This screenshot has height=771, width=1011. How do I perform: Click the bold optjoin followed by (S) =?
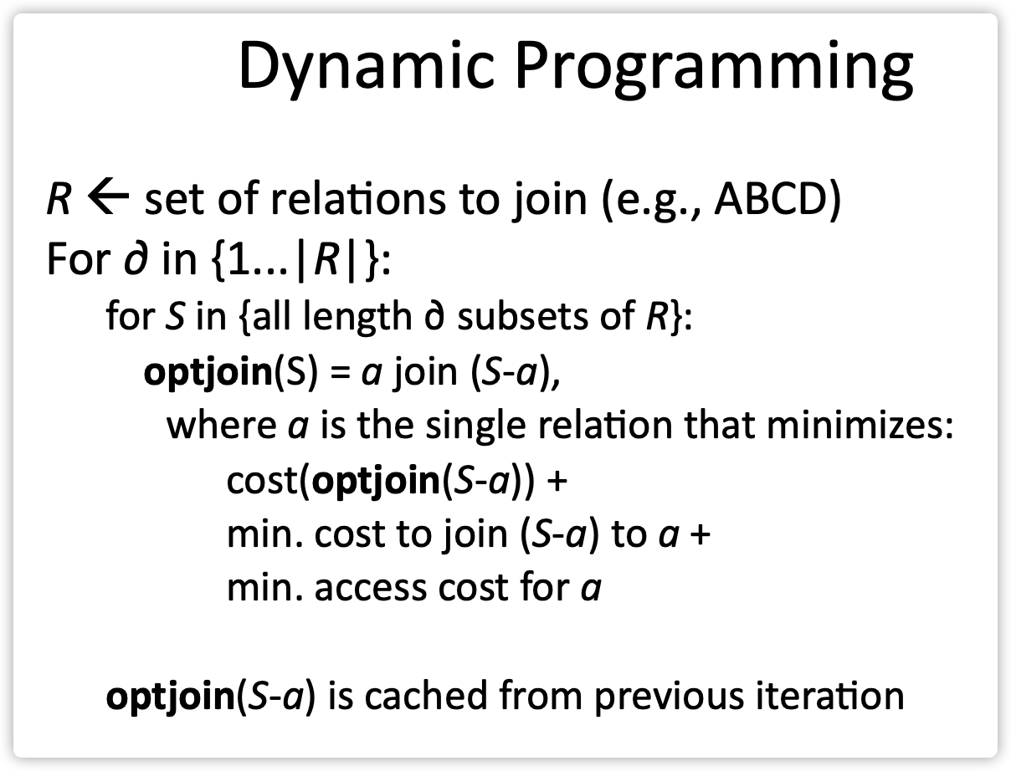pyautogui.click(x=205, y=370)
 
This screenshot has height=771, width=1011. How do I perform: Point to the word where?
pyautogui.click(x=216, y=426)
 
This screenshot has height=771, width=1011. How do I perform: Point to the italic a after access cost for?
pyautogui.click(x=591, y=590)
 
